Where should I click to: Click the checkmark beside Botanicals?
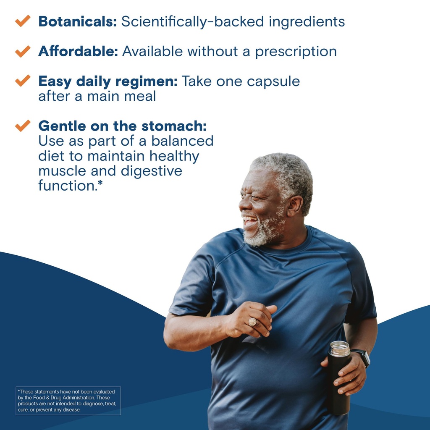[x=23, y=21]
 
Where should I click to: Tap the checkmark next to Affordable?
[x=23, y=51]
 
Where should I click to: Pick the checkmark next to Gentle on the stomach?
[x=23, y=125]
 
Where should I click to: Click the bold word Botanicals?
[x=77, y=21]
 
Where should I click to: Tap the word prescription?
[x=296, y=52]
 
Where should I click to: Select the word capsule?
[x=273, y=81]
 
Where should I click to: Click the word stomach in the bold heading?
[x=177, y=126]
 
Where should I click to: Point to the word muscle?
[x=63, y=171]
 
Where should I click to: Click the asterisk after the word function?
[x=100, y=184]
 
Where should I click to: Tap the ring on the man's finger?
[x=253, y=322]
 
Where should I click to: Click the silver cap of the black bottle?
[x=340, y=348]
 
